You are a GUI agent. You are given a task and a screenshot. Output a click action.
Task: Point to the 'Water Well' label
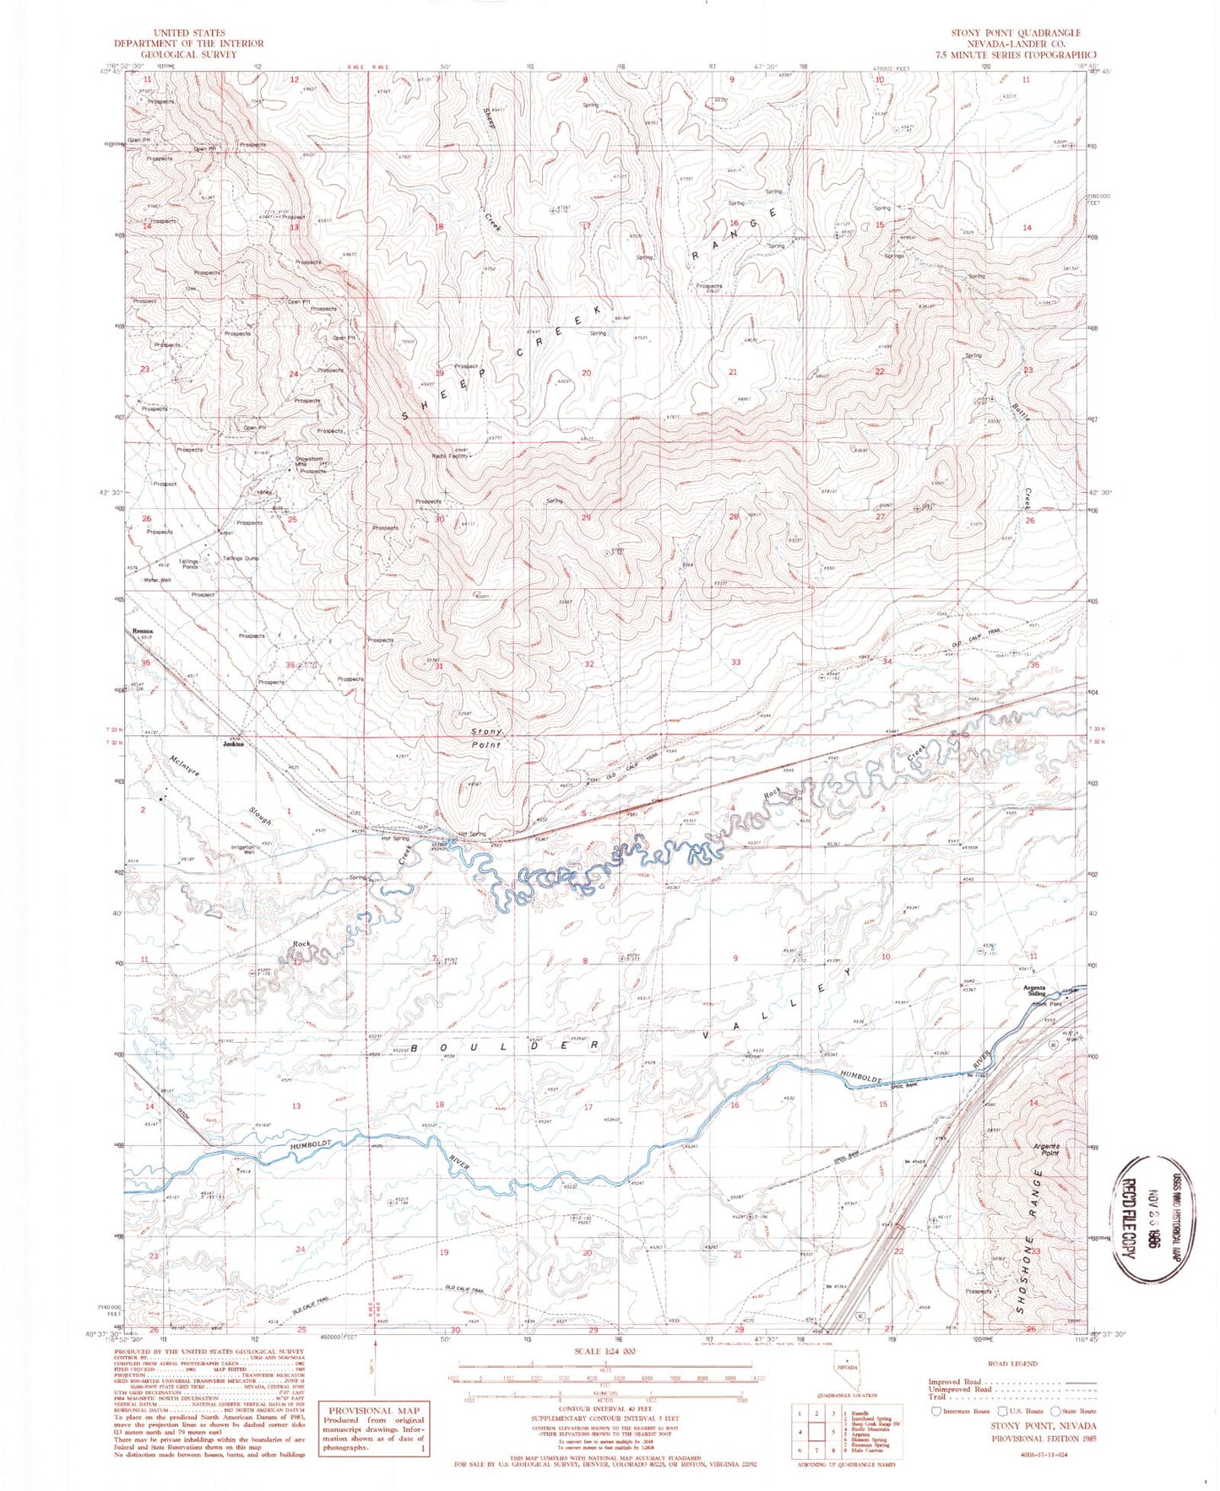pos(157,580)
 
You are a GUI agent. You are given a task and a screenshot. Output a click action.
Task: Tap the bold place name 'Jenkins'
pos(233,744)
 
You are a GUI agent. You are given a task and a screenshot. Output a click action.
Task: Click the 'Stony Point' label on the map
pos(487,738)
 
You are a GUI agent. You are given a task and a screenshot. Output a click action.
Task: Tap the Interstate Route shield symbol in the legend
pos(935,1411)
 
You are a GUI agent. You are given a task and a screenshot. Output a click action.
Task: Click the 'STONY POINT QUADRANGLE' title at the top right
pos(1016,33)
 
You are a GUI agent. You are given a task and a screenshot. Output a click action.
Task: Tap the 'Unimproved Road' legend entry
pos(962,1390)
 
